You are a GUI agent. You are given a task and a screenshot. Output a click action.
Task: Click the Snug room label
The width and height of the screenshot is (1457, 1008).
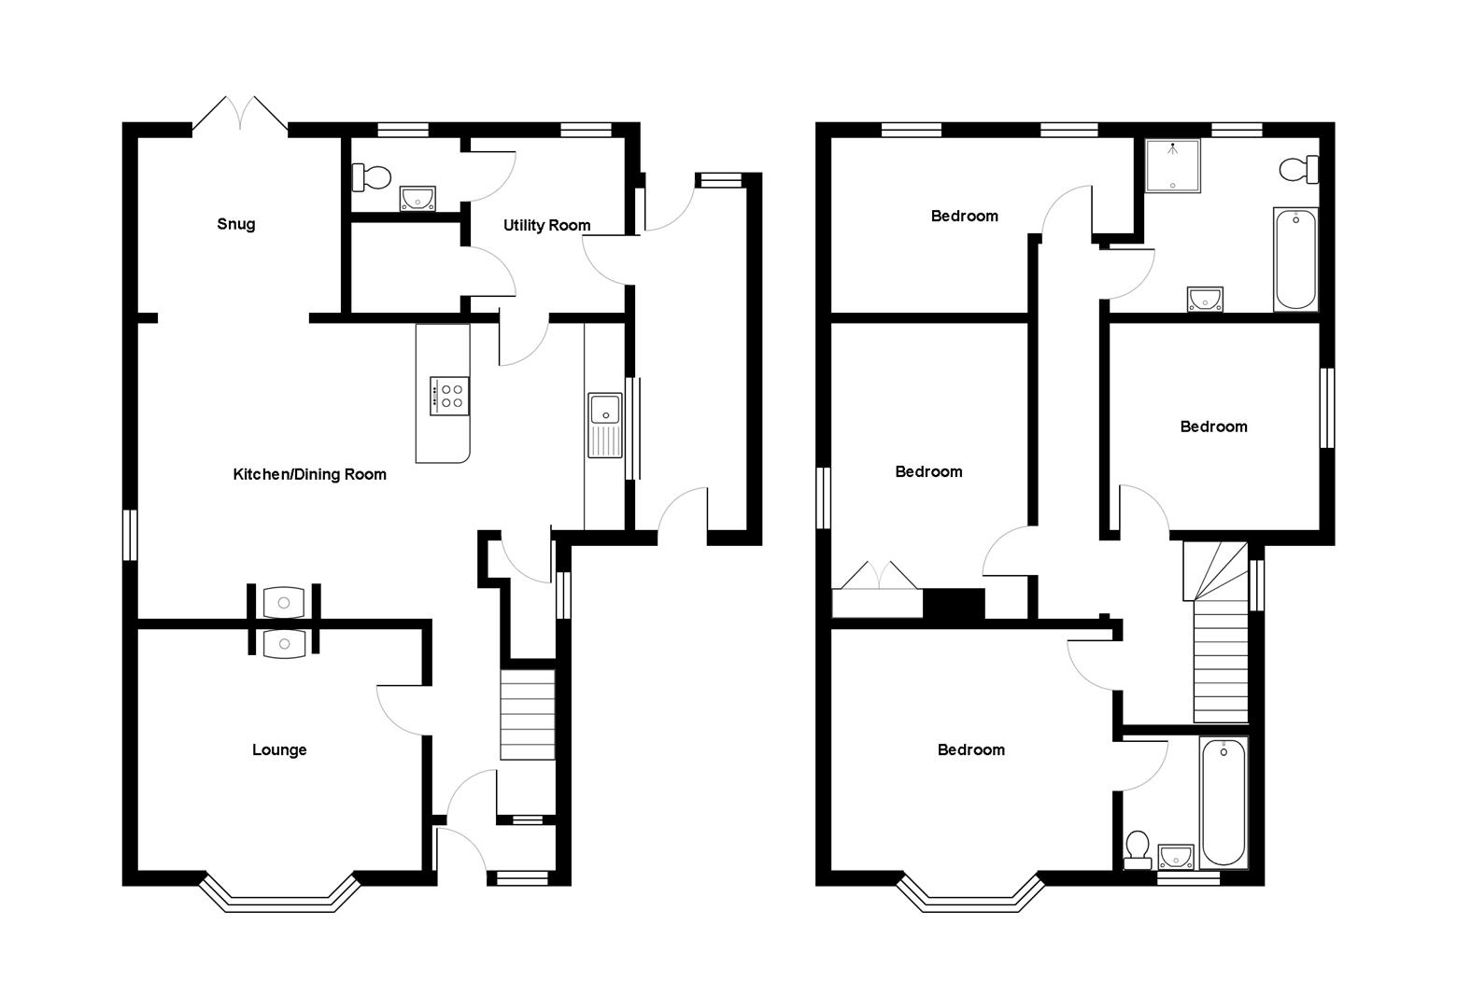pyautogui.click(x=235, y=224)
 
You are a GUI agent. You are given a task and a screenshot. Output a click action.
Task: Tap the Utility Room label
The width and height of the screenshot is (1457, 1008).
pyautogui.click(x=546, y=225)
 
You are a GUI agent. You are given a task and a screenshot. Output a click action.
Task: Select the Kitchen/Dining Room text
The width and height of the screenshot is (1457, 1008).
pyautogui.click(x=309, y=474)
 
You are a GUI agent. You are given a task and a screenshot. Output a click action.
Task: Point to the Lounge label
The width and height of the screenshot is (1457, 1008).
pyautogui.click(x=279, y=749)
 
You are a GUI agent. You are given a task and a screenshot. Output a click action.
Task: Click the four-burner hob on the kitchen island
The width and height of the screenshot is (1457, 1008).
pyautogui.click(x=449, y=395)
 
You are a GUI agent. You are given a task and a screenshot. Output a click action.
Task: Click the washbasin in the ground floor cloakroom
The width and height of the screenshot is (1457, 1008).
pyautogui.click(x=417, y=198)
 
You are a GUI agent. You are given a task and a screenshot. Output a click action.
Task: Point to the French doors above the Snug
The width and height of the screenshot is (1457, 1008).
pyautogui.click(x=240, y=112)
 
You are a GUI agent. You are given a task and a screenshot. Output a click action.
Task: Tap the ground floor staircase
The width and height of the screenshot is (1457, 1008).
pyautogui.click(x=528, y=714)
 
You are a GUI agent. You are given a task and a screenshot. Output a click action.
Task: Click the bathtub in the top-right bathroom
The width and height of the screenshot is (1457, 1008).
pyautogui.click(x=1294, y=259)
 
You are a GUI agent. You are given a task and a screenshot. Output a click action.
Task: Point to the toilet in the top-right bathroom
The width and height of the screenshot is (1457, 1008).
pyautogui.click(x=1298, y=170)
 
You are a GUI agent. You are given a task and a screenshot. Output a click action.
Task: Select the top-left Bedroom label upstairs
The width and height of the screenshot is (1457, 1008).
pyautogui.click(x=964, y=216)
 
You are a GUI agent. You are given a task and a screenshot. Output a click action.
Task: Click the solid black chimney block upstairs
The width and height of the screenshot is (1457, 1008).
pyautogui.click(x=954, y=604)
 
